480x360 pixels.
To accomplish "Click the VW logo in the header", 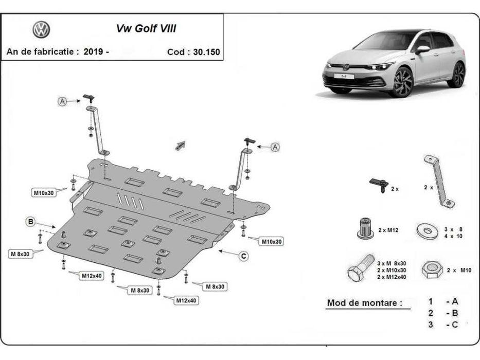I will coord(41,29).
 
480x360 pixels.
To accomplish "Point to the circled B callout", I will coord(31,222).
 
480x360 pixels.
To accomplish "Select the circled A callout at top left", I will coord(62,101).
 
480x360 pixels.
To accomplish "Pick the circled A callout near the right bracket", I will coord(275,147).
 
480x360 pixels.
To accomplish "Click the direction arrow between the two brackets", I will coord(180,146).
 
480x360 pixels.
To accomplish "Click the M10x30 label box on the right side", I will coord(272,241).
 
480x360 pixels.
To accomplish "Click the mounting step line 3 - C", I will coord(442,325).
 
